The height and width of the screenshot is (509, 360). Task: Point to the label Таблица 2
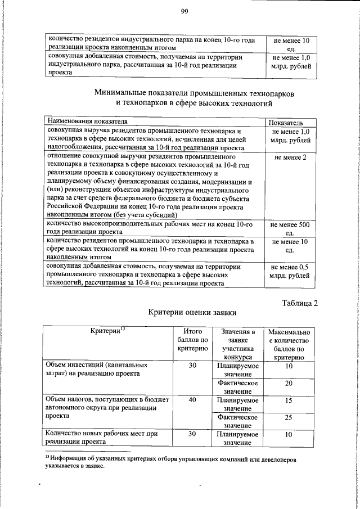[x=299, y=304]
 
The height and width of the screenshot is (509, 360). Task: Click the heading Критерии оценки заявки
[x=192, y=312]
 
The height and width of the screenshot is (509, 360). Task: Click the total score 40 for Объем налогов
[x=192, y=400]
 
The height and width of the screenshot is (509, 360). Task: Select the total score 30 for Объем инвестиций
[x=192, y=366]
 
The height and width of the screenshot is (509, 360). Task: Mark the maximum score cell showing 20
[x=289, y=383]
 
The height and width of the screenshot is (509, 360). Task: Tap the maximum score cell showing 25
[x=289, y=417]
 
